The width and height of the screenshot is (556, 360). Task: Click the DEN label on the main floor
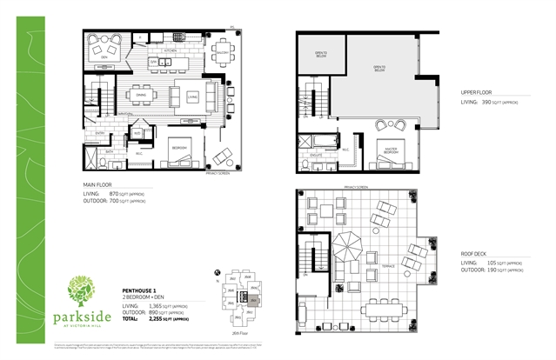104,57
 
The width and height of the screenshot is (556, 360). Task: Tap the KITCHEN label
171,51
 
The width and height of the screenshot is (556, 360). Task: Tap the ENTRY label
101,132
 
